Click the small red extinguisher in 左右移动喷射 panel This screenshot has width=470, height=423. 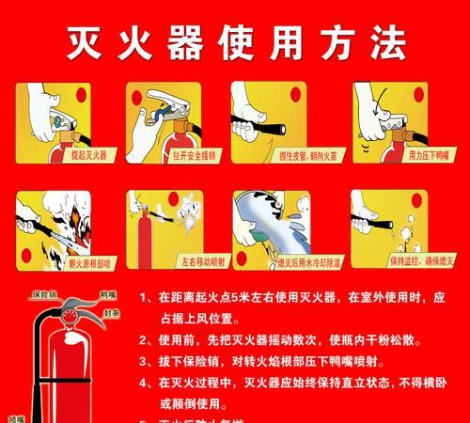pyautogui.click(x=142, y=221)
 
